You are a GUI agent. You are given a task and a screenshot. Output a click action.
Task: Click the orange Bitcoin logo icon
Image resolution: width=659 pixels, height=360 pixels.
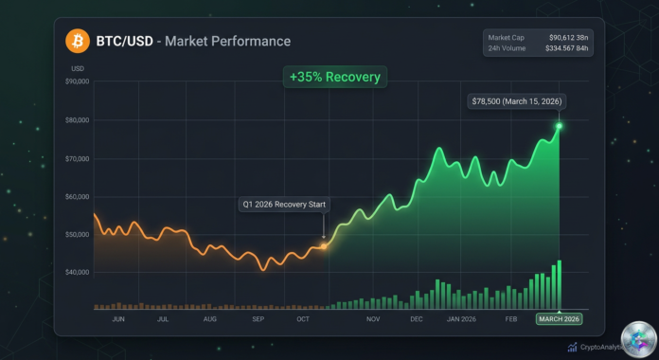point(78,41)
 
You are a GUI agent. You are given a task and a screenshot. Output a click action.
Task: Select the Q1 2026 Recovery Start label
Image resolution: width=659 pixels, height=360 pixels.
point(282,205)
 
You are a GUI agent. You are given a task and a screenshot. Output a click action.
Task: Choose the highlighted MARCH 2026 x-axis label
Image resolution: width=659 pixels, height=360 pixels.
point(560,319)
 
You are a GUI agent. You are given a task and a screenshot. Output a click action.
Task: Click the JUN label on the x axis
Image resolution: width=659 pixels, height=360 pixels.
point(119,319)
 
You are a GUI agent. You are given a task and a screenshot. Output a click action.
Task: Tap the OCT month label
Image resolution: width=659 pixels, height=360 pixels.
point(303,319)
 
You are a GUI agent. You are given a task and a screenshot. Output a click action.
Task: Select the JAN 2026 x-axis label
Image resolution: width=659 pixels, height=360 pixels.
point(462,319)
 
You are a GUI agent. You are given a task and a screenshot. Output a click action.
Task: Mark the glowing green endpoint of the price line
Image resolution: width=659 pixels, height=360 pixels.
point(560,125)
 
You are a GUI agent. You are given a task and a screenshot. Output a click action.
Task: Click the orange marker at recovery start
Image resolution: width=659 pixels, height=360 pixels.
point(324,245)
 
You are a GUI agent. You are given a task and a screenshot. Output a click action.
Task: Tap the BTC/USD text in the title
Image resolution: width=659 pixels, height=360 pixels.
point(120,42)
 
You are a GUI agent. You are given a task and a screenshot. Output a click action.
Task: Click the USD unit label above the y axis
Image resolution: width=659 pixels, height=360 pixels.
point(77,68)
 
